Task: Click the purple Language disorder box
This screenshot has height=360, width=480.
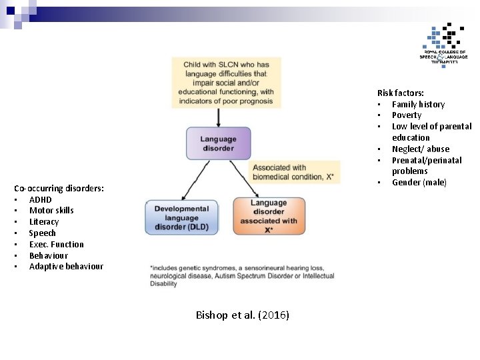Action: pyautogui.click(x=218, y=143)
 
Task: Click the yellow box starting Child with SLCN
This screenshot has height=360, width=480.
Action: pyautogui.click(x=226, y=83)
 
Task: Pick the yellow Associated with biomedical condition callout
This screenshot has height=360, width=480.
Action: pyautogui.click(x=295, y=172)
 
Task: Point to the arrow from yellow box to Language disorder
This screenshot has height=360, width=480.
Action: pyautogui.click(x=219, y=117)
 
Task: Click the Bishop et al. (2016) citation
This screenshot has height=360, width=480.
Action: pyautogui.click(x=243, y=315)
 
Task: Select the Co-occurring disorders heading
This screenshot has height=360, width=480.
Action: pyautogui.click(x=59, y=188)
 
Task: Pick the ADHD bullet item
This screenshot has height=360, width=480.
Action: pyautogui.click(x=40, y=199)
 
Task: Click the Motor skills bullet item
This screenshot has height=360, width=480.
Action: pyautogui.click(x=51, y=211)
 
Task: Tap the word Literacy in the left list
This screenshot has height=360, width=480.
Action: pyautogui.click(x=44, y=222)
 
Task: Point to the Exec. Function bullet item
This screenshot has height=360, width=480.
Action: pyautogui.click(x=56, y=244)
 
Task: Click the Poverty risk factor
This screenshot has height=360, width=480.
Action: pyautogui.click(x=406, y=115)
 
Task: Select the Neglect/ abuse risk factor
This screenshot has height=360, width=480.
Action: pyautogui.click(x=420, y=149)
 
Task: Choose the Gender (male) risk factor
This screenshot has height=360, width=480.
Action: pyautogui.click(x=419, y=183)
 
